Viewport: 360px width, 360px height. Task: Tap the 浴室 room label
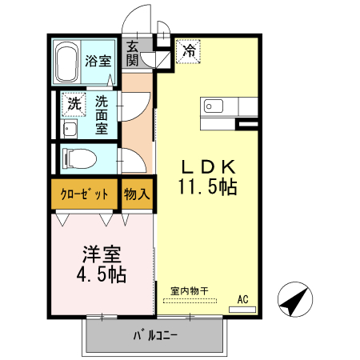(x=99, y=61)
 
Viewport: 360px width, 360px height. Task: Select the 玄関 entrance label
(x=132, y=54)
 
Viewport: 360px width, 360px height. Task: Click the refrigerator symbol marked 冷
(x=189, y=52)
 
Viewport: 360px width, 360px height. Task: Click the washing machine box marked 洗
(x=73, y=103)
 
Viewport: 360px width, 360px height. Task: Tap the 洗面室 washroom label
(x=102, y=114)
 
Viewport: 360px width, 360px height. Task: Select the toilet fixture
(x=78, y=157)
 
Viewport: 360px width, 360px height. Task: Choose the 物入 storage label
(x=136, y=194)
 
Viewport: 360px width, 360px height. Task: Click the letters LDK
(x=206, y=167)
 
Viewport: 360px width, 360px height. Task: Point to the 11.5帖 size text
(x=206, y=188)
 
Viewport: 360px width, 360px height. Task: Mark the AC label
(x=243, y=300)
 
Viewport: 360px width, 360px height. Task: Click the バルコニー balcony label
(x=154, y=335)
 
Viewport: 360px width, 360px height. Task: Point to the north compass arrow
(x=294, y=302)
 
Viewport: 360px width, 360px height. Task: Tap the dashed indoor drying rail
(x=190, y=301)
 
